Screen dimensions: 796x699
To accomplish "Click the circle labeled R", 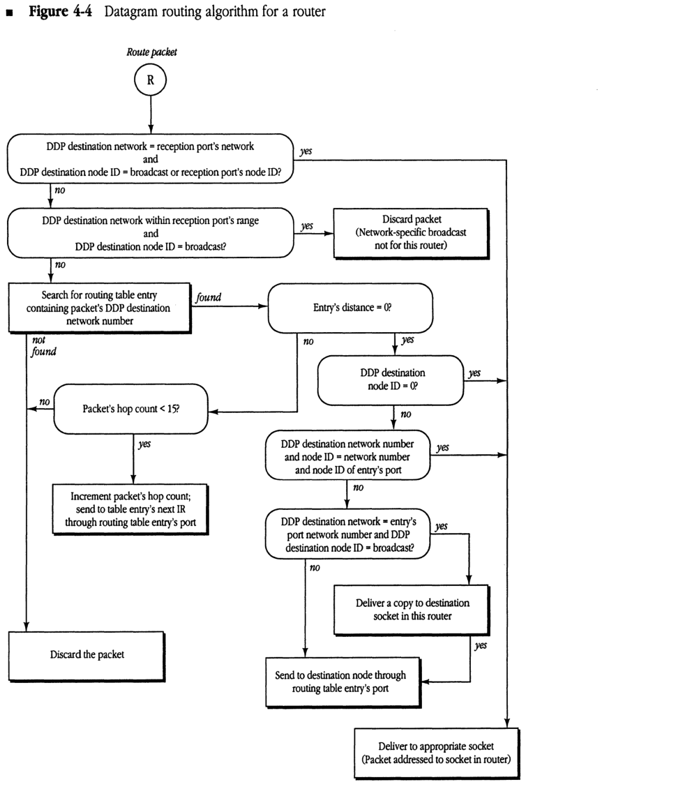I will [x=151, y=80].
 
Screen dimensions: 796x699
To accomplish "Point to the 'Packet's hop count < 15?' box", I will [x=130, y=409].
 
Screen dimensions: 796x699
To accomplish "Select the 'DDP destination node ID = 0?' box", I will [x=390, y=380].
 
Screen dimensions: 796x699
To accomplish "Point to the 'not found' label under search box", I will [x=43, y=346].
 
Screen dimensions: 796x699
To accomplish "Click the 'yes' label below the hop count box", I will [x=144, y=444].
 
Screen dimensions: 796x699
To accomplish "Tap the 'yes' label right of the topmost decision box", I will [x=306, y=150].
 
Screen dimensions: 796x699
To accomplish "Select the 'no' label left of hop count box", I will [x=45, y=403].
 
